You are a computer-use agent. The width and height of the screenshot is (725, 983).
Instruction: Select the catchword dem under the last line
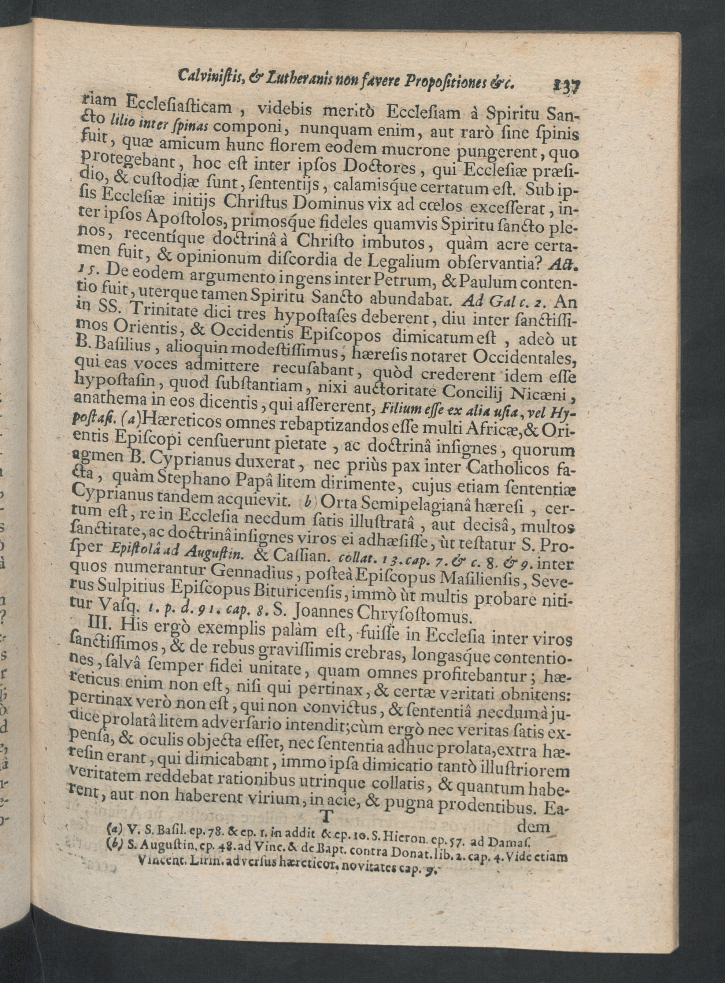click(x=533, y=826)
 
